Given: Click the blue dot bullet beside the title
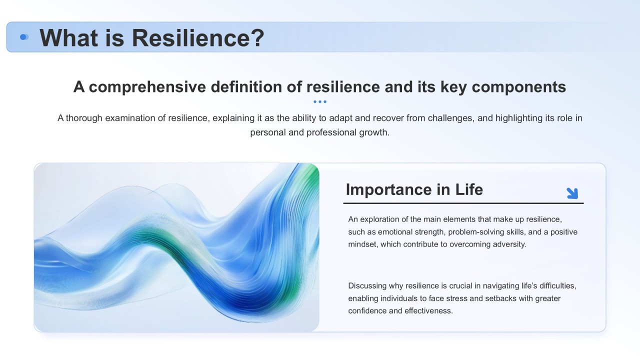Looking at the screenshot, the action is coord(24,37).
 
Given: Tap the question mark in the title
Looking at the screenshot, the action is coord(257,37).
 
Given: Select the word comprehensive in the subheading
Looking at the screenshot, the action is coord(147,87).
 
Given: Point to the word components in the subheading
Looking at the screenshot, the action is coord(518,87).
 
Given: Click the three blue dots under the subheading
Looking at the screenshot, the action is coord(319,101).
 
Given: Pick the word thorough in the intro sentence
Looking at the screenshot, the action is coord(84,118).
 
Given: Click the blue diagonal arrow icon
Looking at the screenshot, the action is coord(572,193).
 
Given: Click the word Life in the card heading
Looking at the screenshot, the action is coord(469,189).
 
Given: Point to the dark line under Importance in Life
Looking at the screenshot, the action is coord(463,203).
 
